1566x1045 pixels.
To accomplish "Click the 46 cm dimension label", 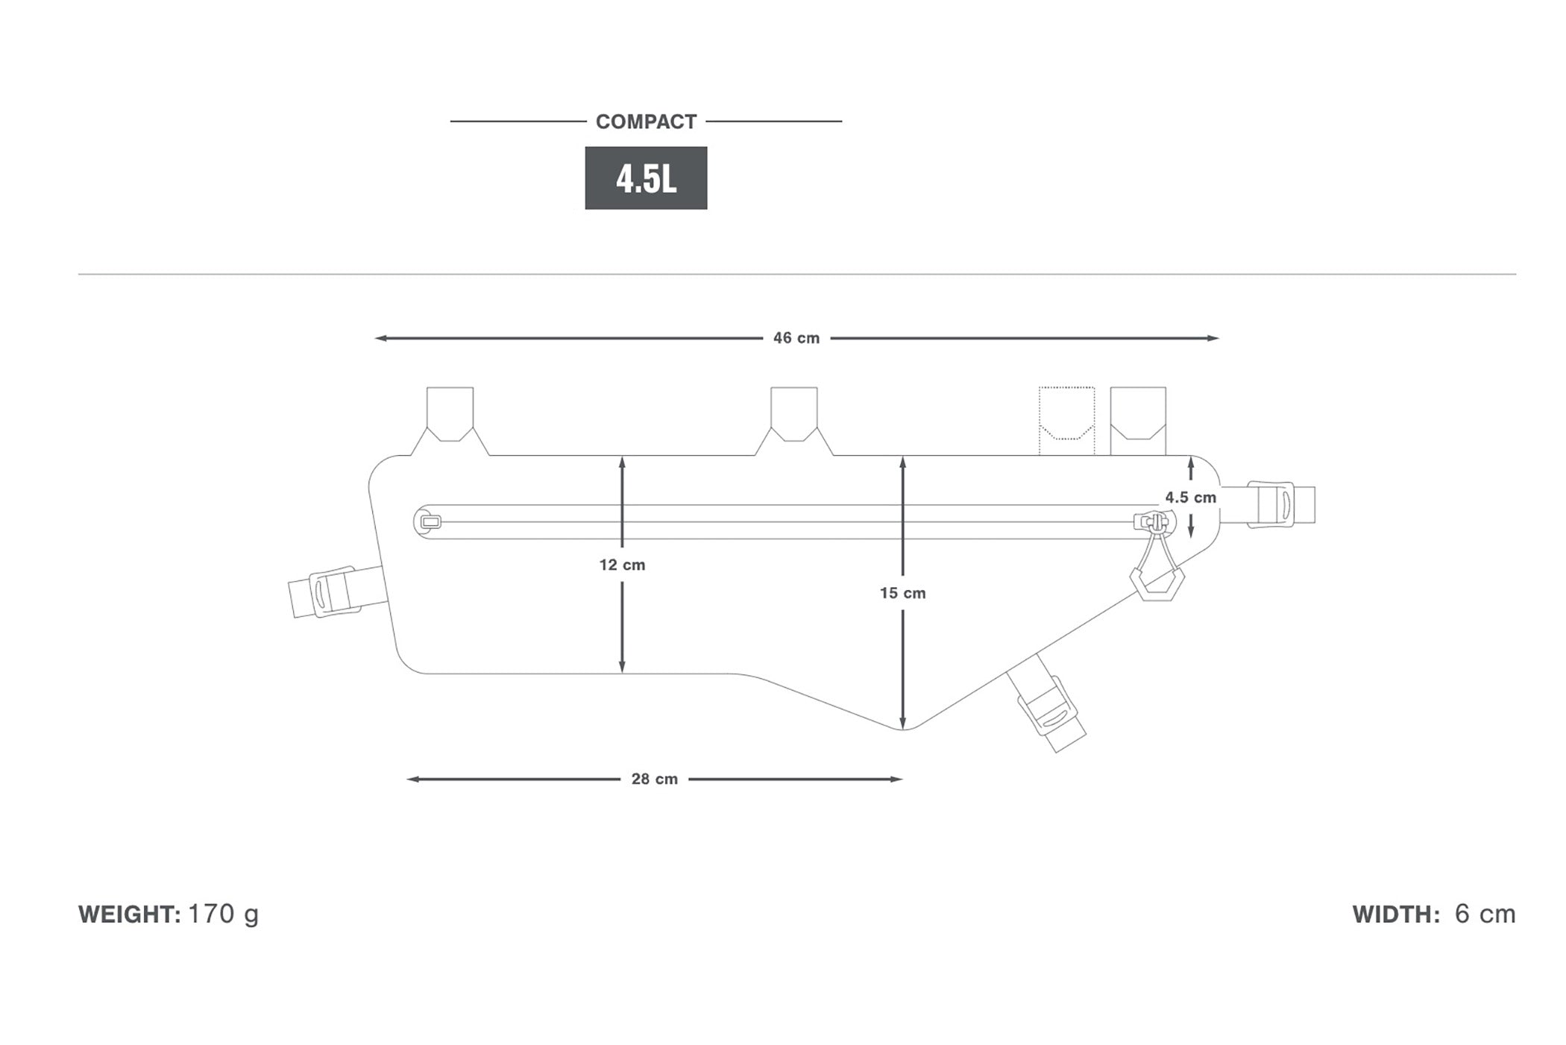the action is tap(796, 338).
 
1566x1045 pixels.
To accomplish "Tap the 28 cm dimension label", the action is tap(654, 779).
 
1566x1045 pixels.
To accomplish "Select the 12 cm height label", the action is tap(622, 565).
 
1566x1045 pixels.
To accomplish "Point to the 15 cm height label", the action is tap(902, 593).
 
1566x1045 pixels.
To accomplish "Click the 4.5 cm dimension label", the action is tap(1190, 497).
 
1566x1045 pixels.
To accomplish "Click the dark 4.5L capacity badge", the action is tap(646, 178).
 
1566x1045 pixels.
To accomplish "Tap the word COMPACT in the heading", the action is tap(646, 122).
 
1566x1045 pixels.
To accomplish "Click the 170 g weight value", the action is tap(224, 914).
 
